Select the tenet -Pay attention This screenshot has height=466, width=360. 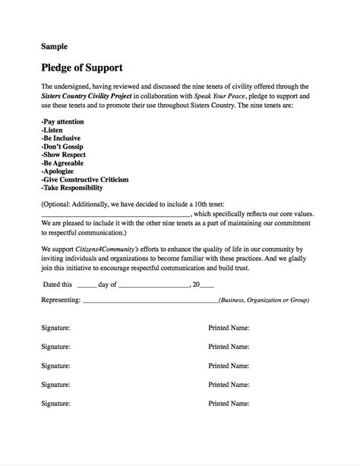pyautogui.click(x=62, y=121)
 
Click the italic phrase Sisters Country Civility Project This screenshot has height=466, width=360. pyautogui.click(x=87, y=97)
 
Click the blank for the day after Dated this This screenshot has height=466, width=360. pyautogui.click(x=86, y=285)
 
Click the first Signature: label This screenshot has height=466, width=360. pyautogui.click(x=56, y=329)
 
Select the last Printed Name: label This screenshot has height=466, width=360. pyautogui.click(x=229, y=403)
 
